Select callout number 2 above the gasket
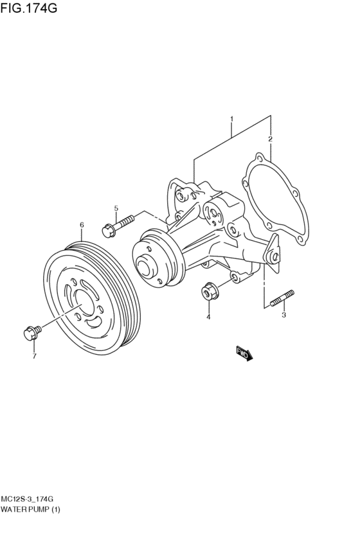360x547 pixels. point(270,139)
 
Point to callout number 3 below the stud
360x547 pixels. point(283,315)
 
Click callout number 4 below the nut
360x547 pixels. point(208,317)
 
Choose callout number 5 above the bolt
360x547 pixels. point(116,208)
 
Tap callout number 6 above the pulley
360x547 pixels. point(82,225)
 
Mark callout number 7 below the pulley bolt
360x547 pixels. point(34,355)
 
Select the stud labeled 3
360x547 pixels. point(283,299)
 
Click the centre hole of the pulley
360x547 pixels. point(83,300)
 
